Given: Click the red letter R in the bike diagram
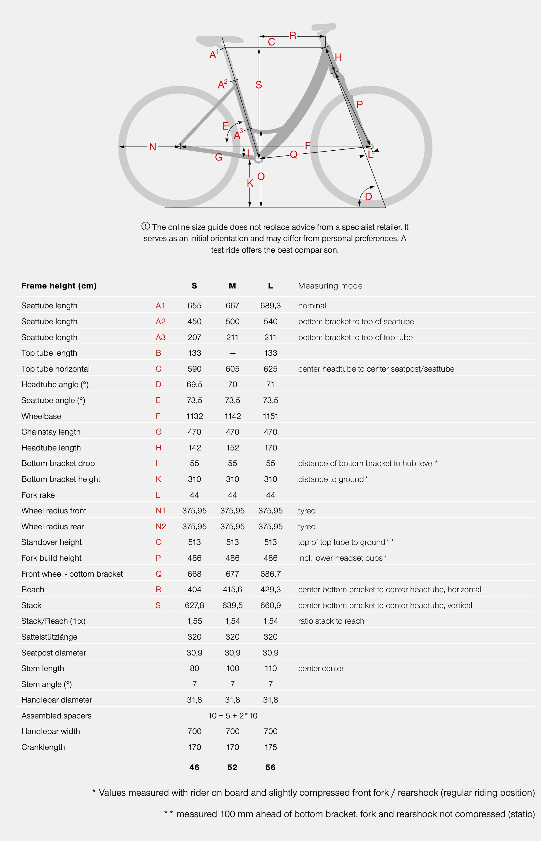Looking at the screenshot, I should point(293,36).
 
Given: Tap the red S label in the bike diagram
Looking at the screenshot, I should point(259,85).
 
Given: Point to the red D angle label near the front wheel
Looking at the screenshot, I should point(368,196).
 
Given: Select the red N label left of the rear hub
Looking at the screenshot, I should point(153,147).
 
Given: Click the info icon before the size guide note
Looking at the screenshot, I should point(145,226).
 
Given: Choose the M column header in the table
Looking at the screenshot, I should point(232,286).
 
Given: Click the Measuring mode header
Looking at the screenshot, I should point(330,286).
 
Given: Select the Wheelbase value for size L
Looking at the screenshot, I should point(270,416).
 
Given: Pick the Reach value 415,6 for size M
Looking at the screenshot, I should point(232,589).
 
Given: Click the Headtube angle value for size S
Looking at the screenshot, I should point(194,384).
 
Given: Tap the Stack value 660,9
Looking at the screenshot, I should point(270,605).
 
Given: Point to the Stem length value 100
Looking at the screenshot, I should point(232,668).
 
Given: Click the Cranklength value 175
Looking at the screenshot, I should point(270,747).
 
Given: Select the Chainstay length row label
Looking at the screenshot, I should point(51,432).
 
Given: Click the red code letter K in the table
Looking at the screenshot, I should point(158,479).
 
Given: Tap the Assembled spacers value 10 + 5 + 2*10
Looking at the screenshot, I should point(233,716).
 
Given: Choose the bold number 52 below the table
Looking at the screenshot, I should point(232,767).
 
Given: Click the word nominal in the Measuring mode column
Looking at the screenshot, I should point(312,306).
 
